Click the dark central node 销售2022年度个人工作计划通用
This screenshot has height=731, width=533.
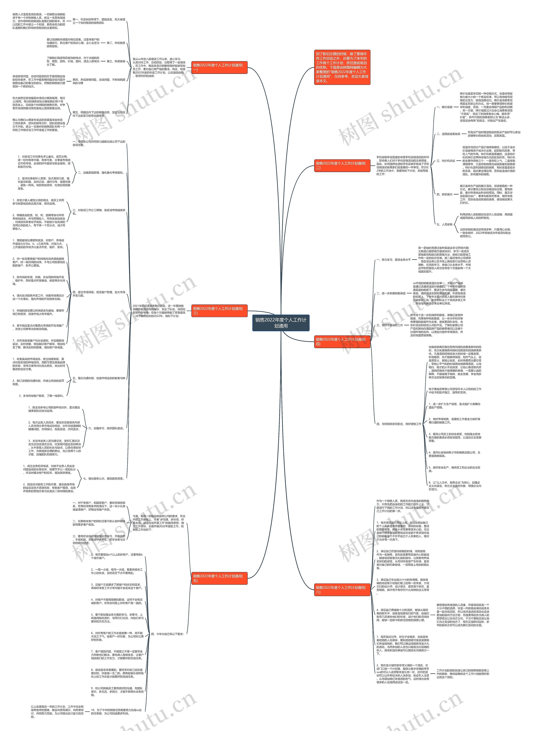click(x=281, y=323)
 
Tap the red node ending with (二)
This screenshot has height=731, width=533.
click(x=342, y=165)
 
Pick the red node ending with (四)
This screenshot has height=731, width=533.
click(x=342, y=341)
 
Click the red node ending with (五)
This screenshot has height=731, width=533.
click(x=219, y=578)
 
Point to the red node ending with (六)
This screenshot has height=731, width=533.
click(x=342, y=590)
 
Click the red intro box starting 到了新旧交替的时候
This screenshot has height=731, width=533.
click(x=342, y=67)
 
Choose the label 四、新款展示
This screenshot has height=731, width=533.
click(x=444, y=194)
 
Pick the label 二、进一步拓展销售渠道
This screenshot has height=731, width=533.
click(x=391, y=293)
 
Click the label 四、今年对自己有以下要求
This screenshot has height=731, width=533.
click(x=167, y=634)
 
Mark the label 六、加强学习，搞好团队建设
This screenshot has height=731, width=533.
click(x=106, y=428)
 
